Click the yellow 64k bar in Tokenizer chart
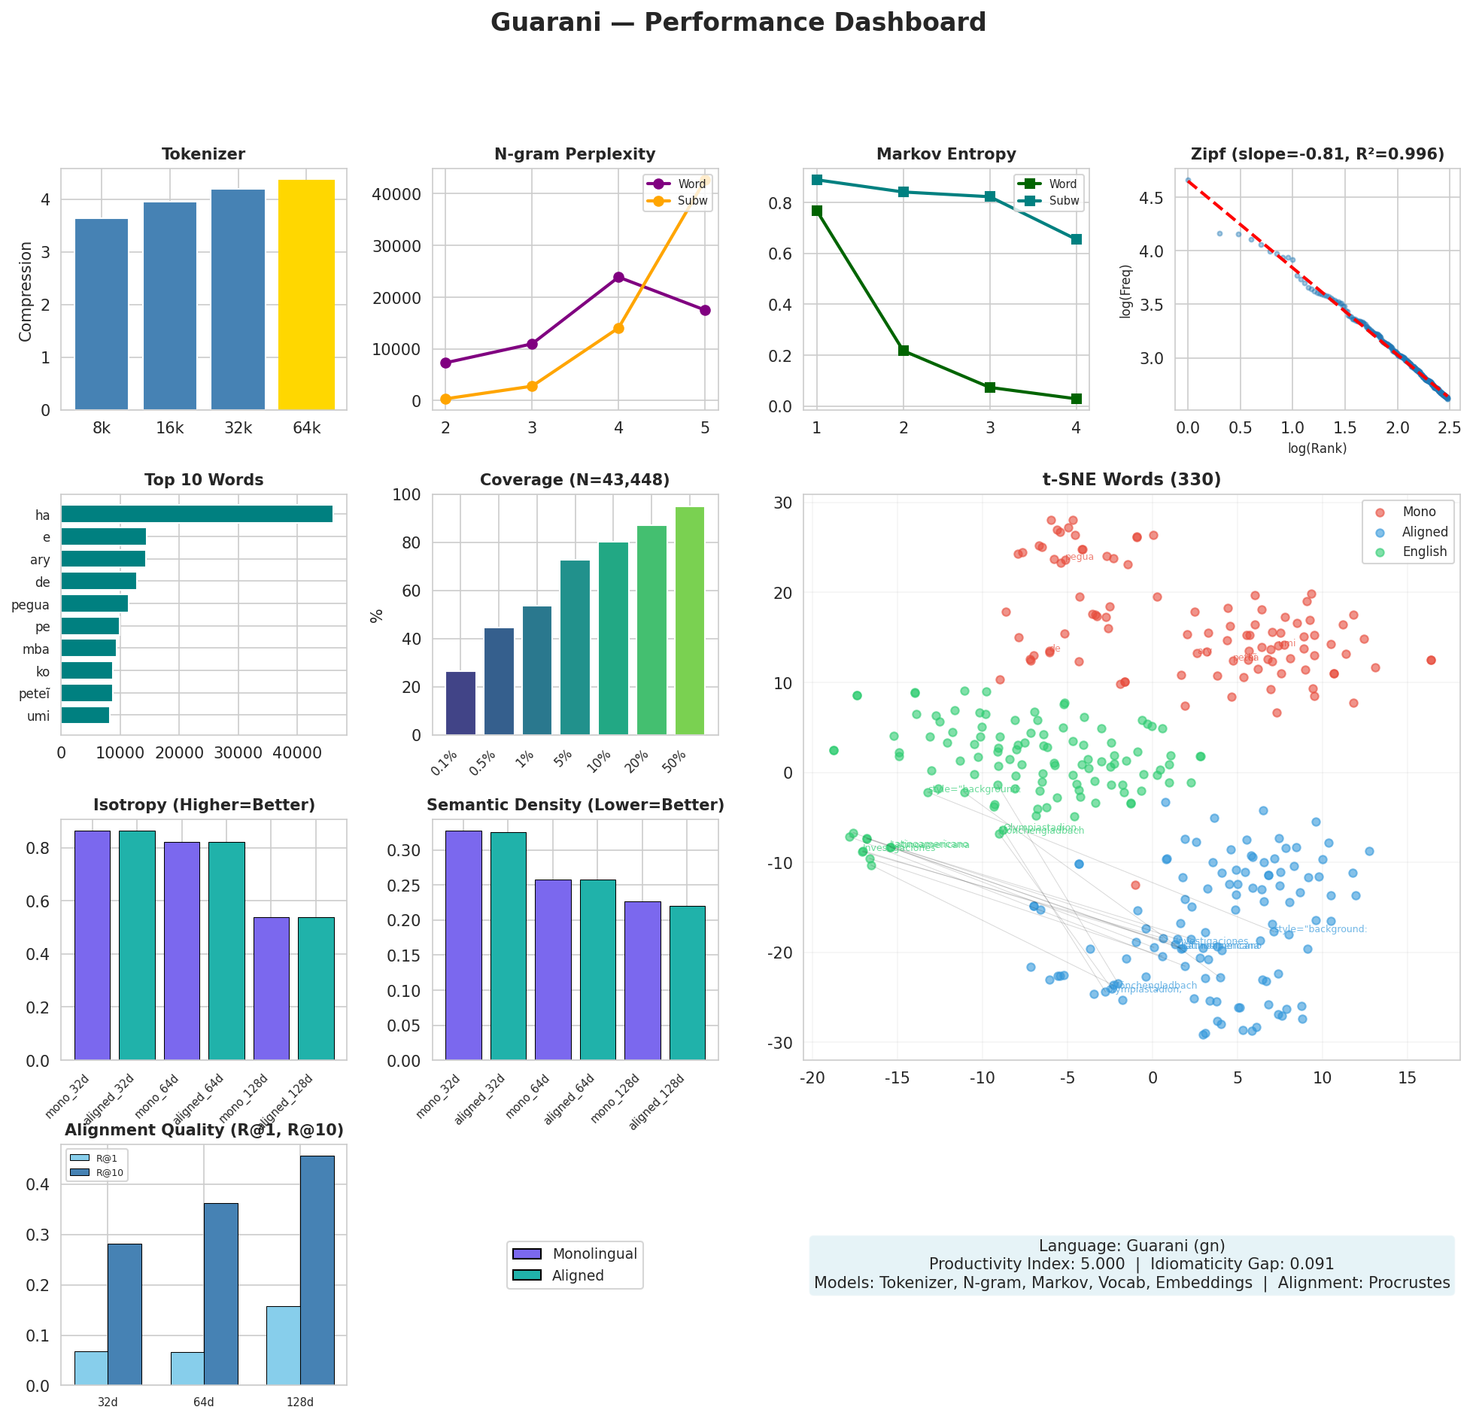coord(306,294)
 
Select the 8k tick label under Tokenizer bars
coord(102,429)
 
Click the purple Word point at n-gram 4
coord(618,277)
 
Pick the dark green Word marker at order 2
coord(904,351)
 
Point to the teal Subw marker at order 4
coord(1076,239)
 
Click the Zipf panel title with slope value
coord(1317,154)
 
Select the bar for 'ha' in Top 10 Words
coord(196,514)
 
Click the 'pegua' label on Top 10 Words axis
coord(30,605)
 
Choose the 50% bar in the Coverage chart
coord(689,621)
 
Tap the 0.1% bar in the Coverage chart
coord(460,703)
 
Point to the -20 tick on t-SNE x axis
coord(812,1078)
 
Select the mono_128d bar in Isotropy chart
coord(271,988)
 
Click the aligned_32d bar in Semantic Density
coord(508,946)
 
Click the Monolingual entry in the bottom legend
coord(594,1254)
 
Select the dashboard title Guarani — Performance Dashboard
coord(738,23)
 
